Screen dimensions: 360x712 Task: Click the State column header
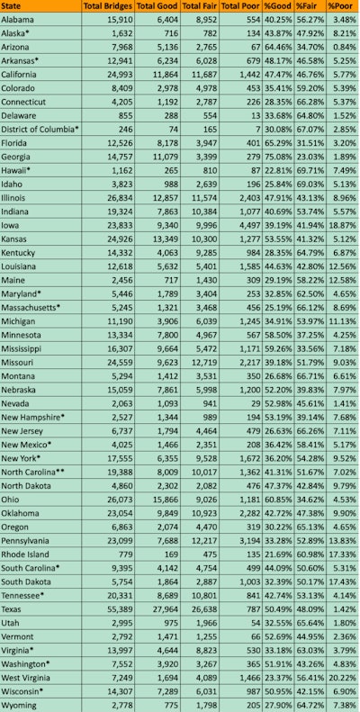coord(13,6)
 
